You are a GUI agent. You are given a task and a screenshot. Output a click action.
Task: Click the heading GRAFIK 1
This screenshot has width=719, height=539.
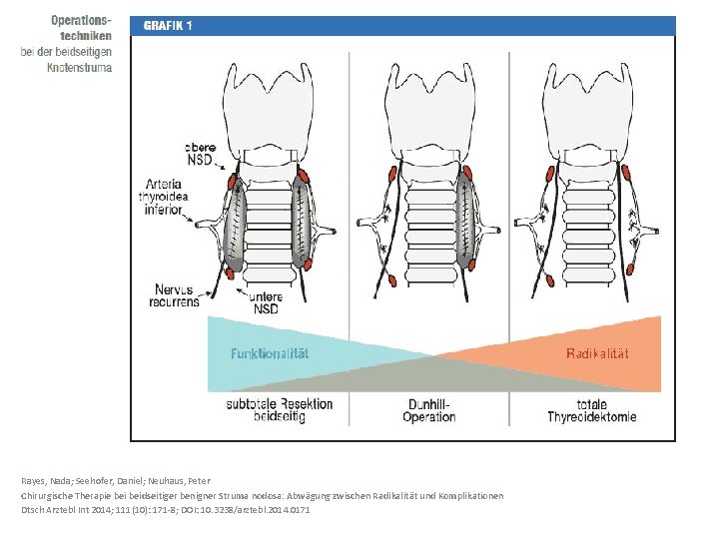[168, 26]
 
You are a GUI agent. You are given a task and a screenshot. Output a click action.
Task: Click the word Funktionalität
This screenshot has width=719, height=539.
[270, 353]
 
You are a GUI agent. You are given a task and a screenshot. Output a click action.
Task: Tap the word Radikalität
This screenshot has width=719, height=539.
[597, 353]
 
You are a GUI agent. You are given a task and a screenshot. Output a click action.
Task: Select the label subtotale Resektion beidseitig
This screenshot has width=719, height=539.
[280, 409]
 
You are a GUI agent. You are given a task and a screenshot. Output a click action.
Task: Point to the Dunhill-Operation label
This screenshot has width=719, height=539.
[429, 409]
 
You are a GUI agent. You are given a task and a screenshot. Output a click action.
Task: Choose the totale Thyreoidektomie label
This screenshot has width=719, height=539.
[591, 409]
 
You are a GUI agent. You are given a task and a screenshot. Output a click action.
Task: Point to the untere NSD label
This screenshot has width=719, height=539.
[265, 301]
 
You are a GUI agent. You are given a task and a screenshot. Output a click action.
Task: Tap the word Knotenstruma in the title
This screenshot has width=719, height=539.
[79, 67]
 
